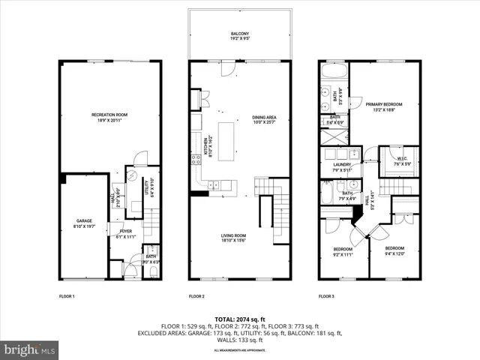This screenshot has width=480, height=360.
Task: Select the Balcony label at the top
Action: pyautogui.click(x=239, y=35)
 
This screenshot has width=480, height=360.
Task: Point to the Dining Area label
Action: pyautogui.click(x=264, y=120)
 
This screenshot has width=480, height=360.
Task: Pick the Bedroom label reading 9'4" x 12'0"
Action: pyautogui.click(x=394, y=250)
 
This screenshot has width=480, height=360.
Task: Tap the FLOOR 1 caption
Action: pyautogui.click(x=67, y=296)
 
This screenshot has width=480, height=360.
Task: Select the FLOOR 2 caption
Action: pyautogui.click(x=197, y=296)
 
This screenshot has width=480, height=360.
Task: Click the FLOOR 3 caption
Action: pyautogui.click(x=327, y=296)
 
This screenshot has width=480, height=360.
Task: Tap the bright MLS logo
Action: pyautogui.click(x=30, y=349)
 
